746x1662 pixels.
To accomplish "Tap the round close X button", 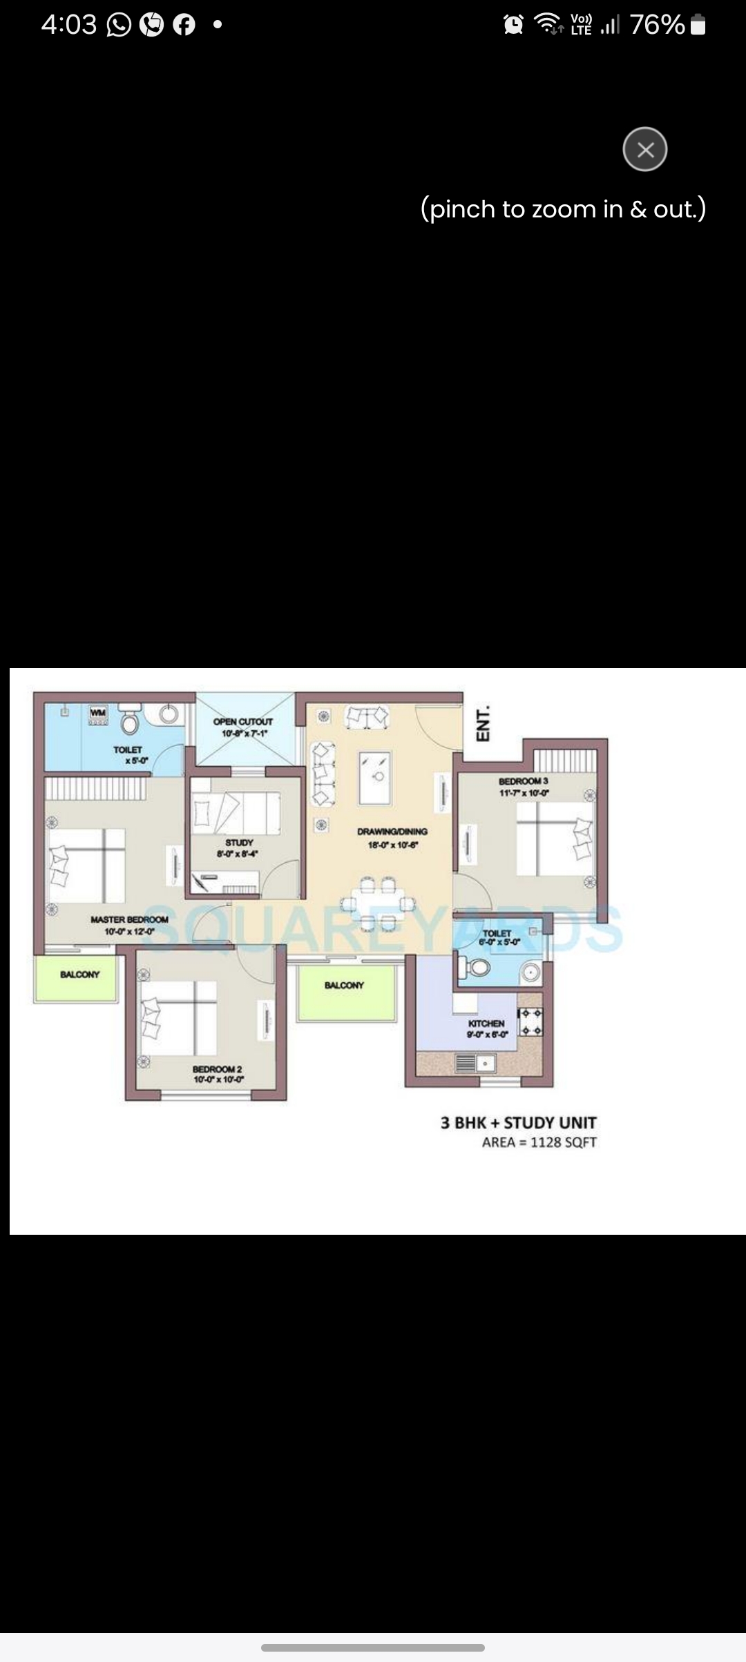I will (x=644, y=149).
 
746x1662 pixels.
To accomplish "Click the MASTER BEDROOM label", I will (x=129, y=920).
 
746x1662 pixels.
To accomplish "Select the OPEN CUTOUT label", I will (x=242, y=722).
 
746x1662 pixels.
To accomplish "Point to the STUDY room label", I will (x=239, y=843).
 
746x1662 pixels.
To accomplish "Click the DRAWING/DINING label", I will (x=392, y=832).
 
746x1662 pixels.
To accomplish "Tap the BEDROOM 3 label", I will (x=524, y=781).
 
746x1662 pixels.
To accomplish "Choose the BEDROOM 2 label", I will (x=217, y=1069).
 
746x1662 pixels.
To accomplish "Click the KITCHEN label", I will (x=486, y=1024).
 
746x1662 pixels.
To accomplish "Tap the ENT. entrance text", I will (x=484, y=723).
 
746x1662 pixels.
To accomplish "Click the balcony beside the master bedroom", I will (x=79, y=975).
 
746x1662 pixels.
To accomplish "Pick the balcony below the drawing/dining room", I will (x=345, y=986).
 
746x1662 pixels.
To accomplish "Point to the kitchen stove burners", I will (x=531, y=1022).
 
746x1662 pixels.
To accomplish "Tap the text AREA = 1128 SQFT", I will (x=539, y=1142).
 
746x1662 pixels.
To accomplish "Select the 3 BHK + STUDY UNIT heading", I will (x=518, y=1123).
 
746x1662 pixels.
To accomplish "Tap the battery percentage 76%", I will (x=657, y=26).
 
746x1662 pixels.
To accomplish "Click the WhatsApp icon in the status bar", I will (x=119, y=26).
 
